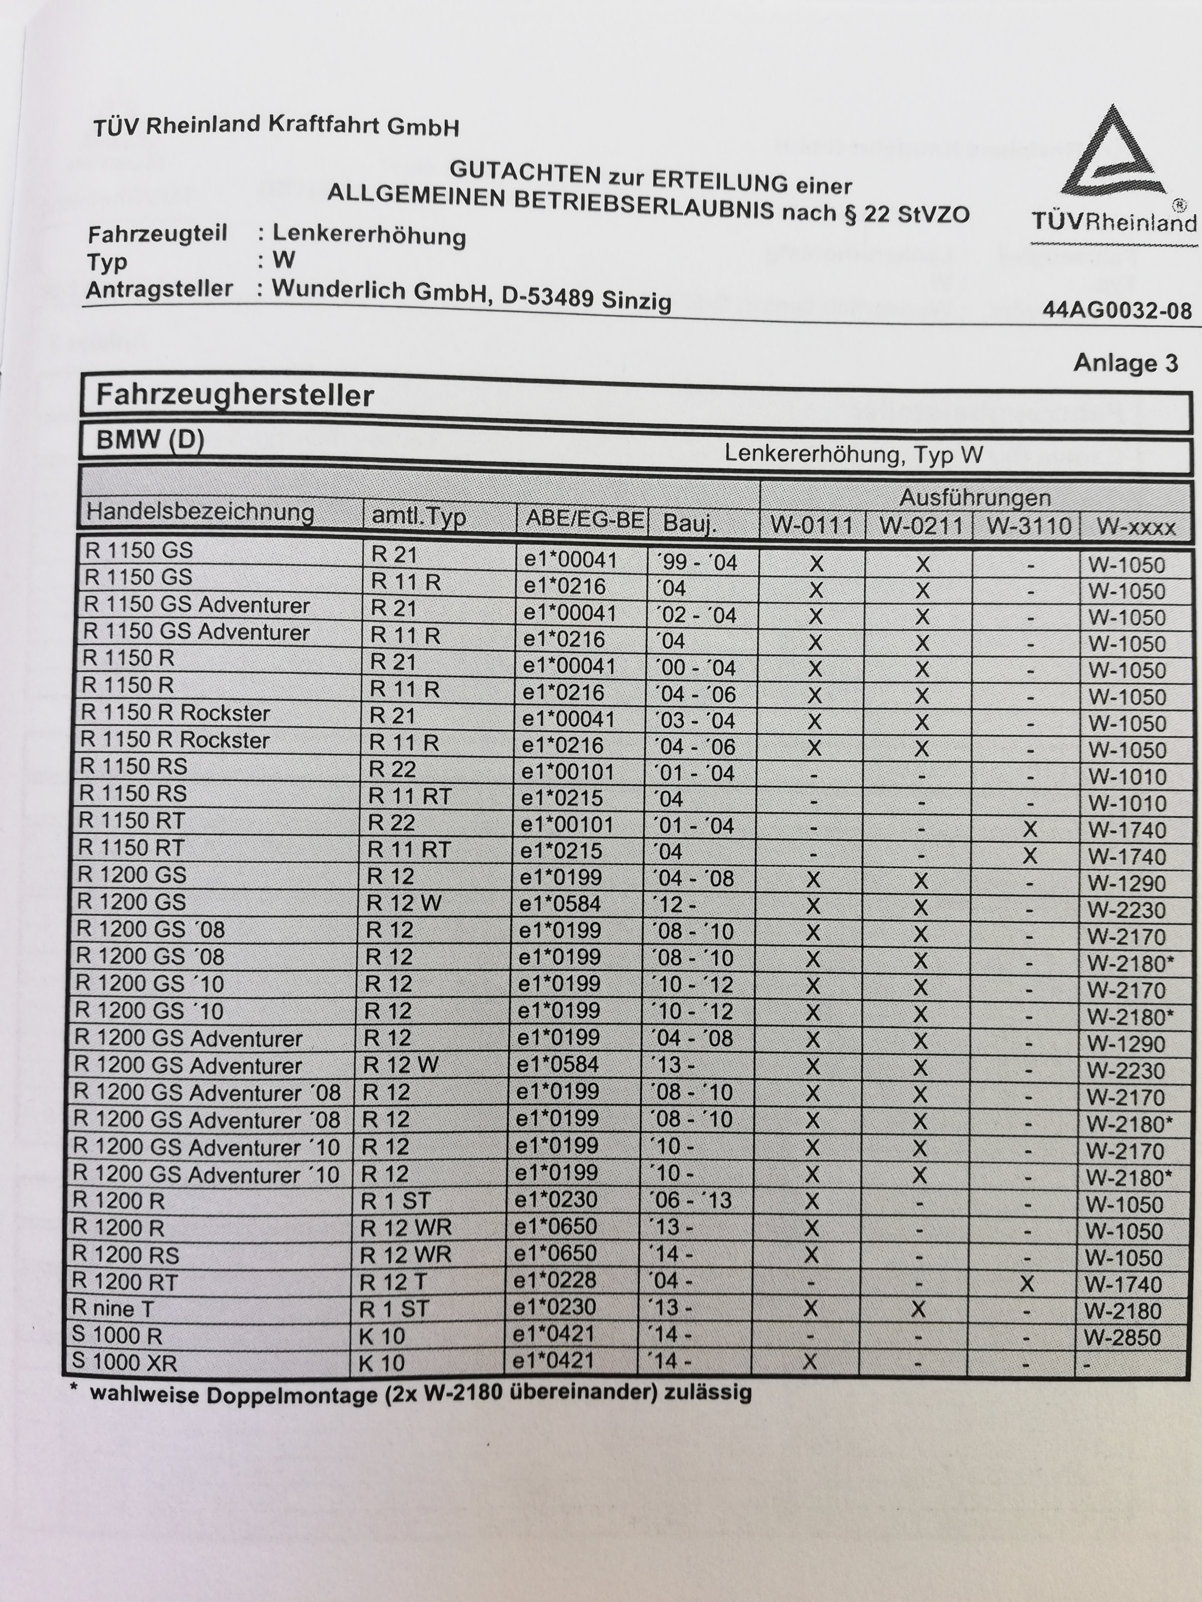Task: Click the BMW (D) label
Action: pos(150,440)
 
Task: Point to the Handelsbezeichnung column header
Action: pos(200,512)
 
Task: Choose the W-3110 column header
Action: pos(1028,526)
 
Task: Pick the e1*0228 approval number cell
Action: pos(554,1281)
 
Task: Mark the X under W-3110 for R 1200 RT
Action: pos(1026,1285)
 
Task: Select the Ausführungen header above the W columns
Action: pos(975,498)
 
